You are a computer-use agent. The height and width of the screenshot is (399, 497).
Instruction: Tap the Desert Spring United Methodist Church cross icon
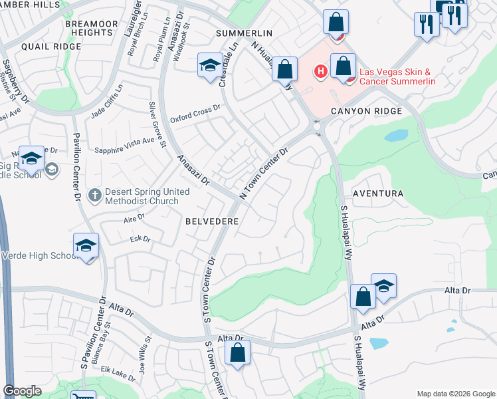click(x=94, y=196)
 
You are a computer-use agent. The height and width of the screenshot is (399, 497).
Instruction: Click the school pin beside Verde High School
click(x=86, y=247)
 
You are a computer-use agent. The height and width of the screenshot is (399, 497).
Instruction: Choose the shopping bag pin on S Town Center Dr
click(x=238, y=354)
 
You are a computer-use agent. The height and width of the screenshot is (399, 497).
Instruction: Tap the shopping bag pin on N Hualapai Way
click(x=284, y=69)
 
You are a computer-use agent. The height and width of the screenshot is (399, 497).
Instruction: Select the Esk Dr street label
click(x=140, y=238)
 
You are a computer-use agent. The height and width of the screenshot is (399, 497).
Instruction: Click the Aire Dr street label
click(x=134, y=217)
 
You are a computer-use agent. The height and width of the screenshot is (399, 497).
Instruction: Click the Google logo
click(x=22, y=391)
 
